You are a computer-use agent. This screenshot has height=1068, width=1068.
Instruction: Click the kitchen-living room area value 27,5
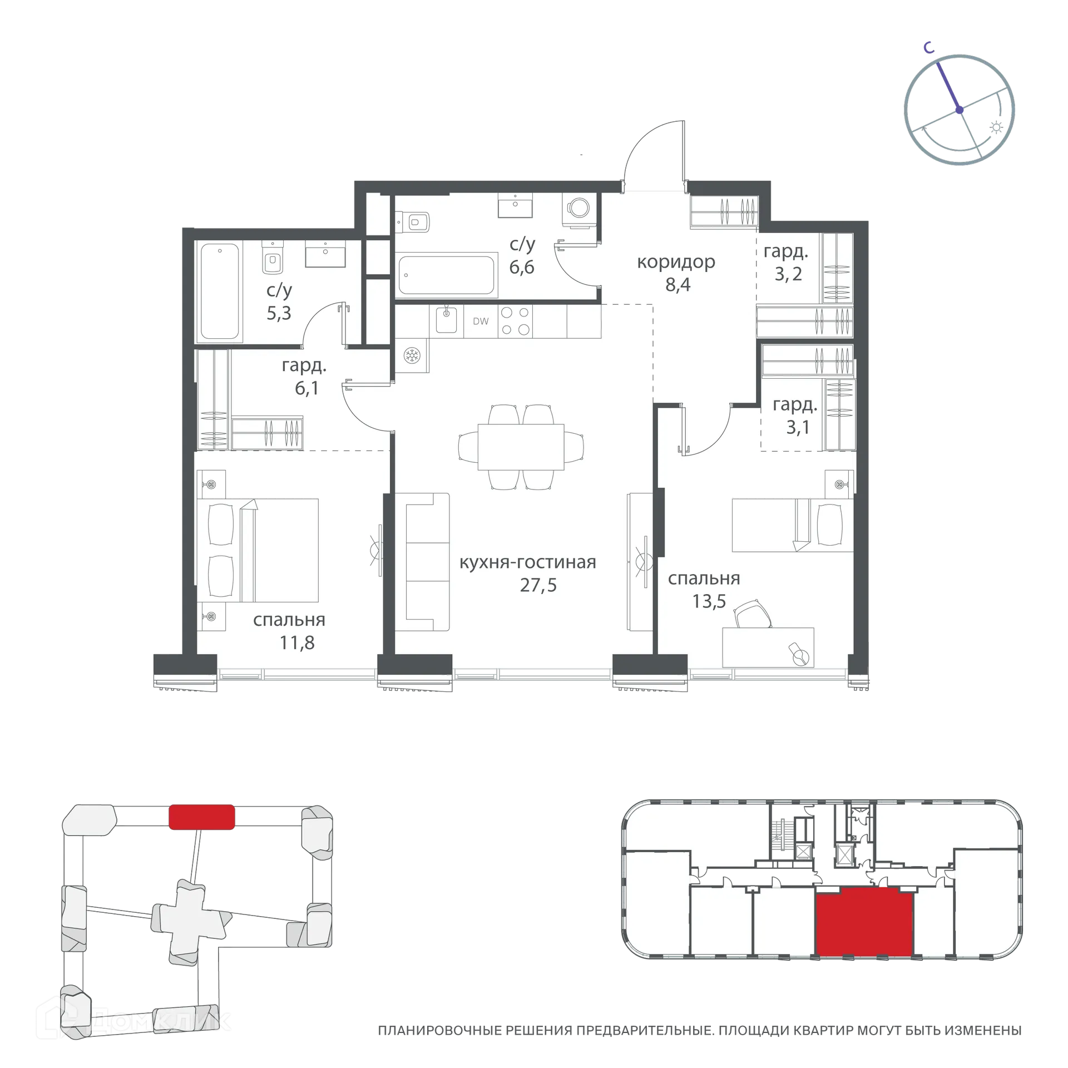(538, 585)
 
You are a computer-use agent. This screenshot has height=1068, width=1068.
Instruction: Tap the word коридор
(676, 261)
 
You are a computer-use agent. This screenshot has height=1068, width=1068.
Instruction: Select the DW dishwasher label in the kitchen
(481, 322)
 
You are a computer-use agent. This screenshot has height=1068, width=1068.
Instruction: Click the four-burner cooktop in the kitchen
(515, 322)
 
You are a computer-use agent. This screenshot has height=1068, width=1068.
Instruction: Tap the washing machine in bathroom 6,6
(578, 209)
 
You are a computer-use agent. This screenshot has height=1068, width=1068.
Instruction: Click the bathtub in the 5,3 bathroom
(220, 292)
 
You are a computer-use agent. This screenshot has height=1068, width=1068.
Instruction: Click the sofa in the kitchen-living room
(427, 562)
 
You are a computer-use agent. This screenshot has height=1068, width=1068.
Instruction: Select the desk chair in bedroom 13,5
(753, 614)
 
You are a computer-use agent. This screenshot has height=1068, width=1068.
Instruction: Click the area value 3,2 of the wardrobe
(788, 274)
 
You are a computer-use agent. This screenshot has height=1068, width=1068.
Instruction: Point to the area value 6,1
(306, 388)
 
